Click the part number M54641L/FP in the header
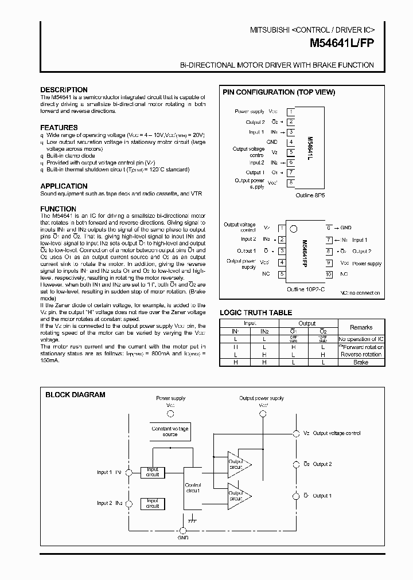click(x=342, y=43)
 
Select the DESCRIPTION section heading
click(x=64, y=90)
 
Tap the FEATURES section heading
click(x=59, y=128)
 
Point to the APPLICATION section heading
click(x=64, y=186)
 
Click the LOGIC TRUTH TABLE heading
click(x=256, y=313)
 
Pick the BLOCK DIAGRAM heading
click(x=75, y=395)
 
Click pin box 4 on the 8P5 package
click(x=291, y=142)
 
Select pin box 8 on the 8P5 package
click(x=291, y=183)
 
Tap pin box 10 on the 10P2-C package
click(x=329, y=275)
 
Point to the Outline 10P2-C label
click(x=305, y=289)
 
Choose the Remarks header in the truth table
click(x=361, y=327)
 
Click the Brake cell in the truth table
click(x=361, y=362)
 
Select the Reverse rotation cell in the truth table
click(x=361, y=355)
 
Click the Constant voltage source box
click(x=170, y=432)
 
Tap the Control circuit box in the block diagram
click(x=193, y=488)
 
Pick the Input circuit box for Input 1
click(x=153, y=472)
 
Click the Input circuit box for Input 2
click(x=153, y=503)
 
